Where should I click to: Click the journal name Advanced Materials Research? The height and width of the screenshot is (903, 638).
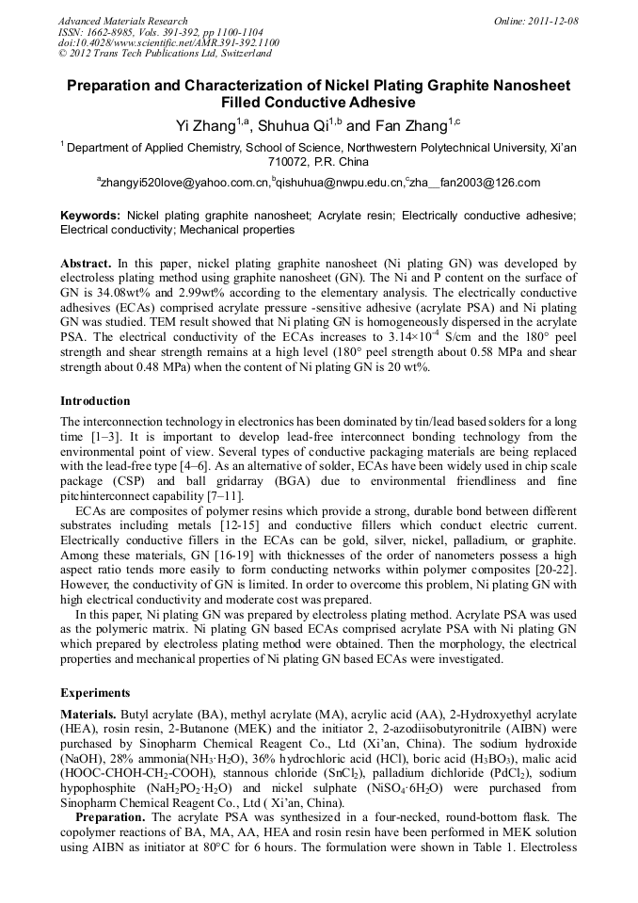click(122, 21)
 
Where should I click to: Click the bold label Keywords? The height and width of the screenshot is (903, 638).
click(90, 216)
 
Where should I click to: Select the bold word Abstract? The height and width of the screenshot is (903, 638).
click(86, 264)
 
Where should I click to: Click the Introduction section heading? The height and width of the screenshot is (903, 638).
click(95, 400)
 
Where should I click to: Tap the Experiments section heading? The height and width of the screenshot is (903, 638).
click(95, 692)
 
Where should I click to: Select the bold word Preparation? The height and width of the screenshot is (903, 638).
click(109, 817)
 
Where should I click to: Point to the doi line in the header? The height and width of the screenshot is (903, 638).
click(167, 42)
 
